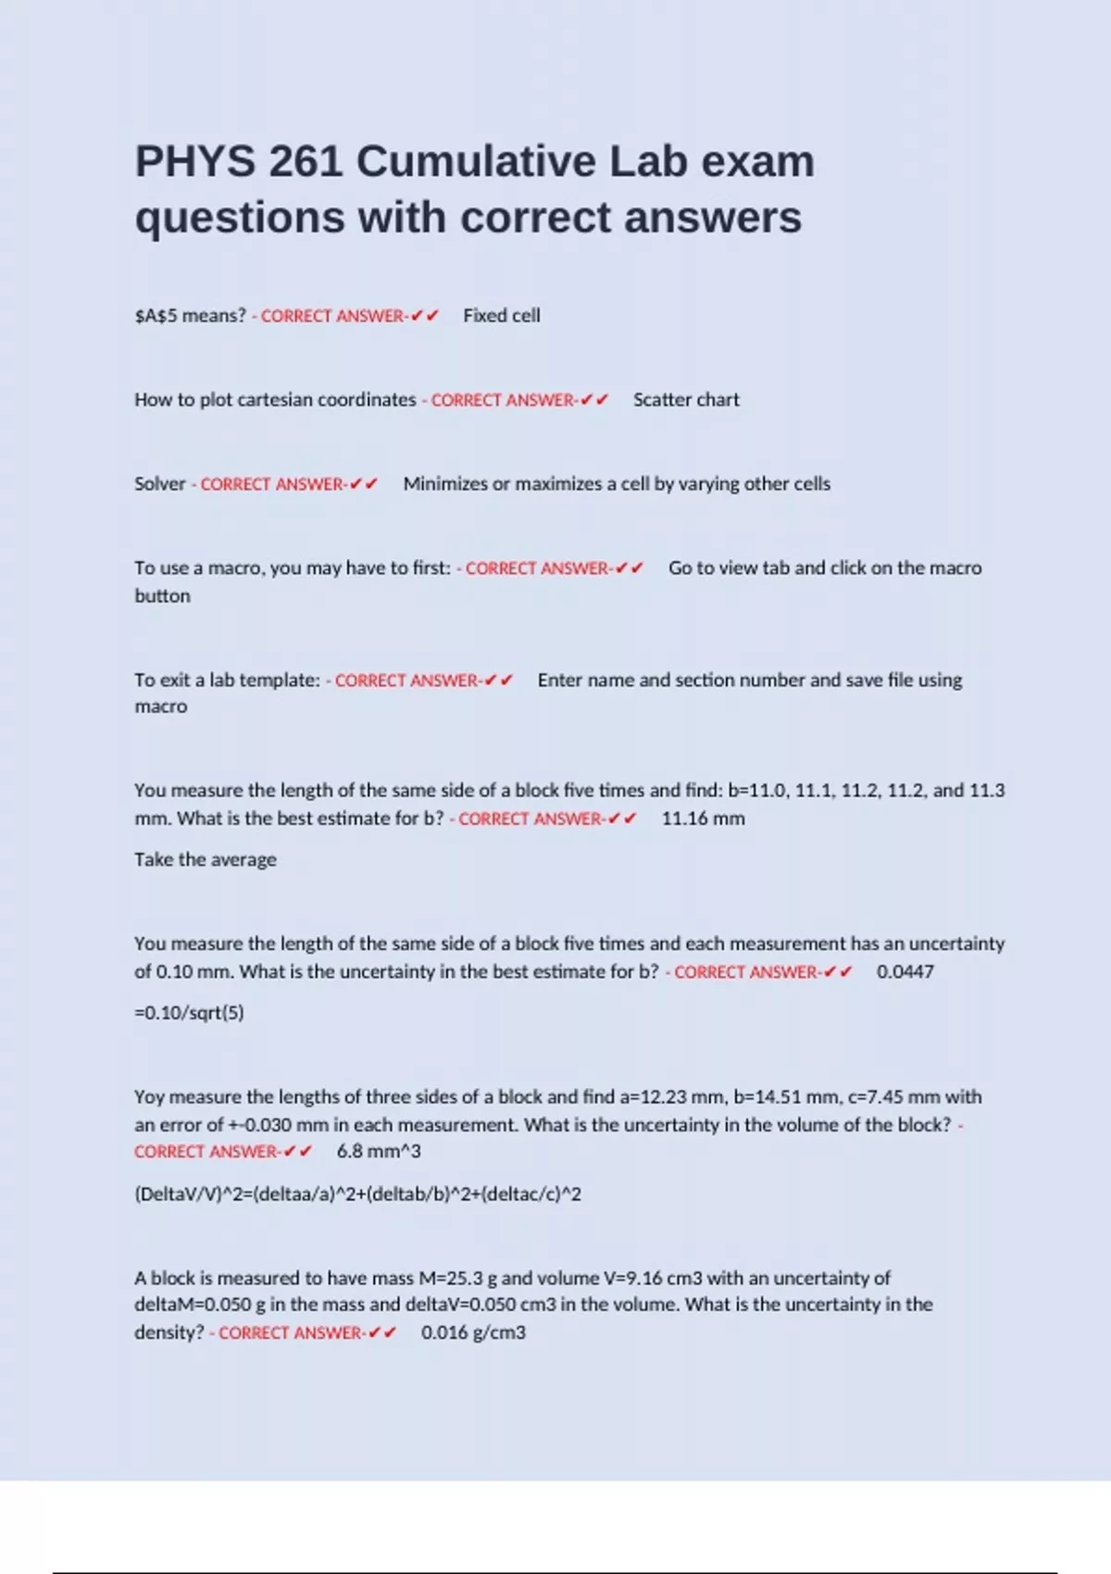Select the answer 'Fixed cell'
click(501, 316)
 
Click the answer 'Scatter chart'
click(686, 400)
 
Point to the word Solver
click(159, 484)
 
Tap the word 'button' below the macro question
click(162, 596)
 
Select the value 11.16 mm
click(703, 818)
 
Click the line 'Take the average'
click(205, 860)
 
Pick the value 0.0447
click(905, 972)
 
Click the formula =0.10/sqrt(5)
click(189, 1013)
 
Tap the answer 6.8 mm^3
click(378, 1152)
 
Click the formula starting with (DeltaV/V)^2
click(357, 1194)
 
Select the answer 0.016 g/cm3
click(473, 1333)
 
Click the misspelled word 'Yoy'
click(149, 1097)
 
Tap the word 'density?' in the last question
click(169, 1333)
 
